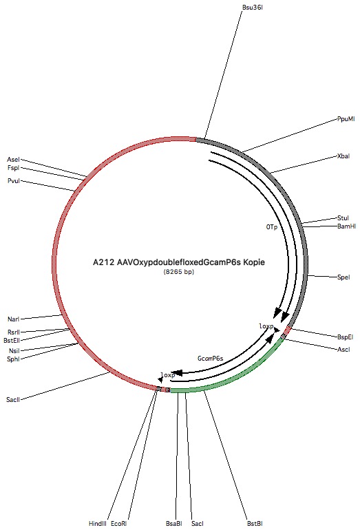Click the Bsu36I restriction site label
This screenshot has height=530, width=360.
click(x=252, y=7)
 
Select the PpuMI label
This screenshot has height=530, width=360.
click(x=346, y=119)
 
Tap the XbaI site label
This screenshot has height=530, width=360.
click(x=343, y=156)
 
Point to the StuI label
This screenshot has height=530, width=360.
click(x=343, y=218)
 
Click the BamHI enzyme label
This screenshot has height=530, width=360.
click(x=346, y=226)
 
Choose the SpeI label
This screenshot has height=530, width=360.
click(x=343, y=277)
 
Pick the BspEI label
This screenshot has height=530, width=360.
click(x=345, y=337)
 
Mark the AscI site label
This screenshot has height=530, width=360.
click(x=343, y=350)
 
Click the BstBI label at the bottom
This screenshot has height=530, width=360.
click(x=255, y=524)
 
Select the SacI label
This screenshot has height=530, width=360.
click(x=198, y=524)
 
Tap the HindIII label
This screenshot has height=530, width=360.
click(x=98, y=524)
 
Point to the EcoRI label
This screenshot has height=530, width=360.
click(x=118, y=524)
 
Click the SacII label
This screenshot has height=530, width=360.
click(x=13, y=400)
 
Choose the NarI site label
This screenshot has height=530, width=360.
click(x=14, y=319)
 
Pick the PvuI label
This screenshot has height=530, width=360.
click(x=14, y=181)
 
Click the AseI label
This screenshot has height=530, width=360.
click(x=14, y=160)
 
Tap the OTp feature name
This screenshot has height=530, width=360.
click(x=271, y=227)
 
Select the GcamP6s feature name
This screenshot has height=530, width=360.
click(x=210, y=359)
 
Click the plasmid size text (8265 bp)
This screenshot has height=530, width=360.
click(x=179, y=271)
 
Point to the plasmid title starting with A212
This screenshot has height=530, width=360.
click(x=179, y=262)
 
